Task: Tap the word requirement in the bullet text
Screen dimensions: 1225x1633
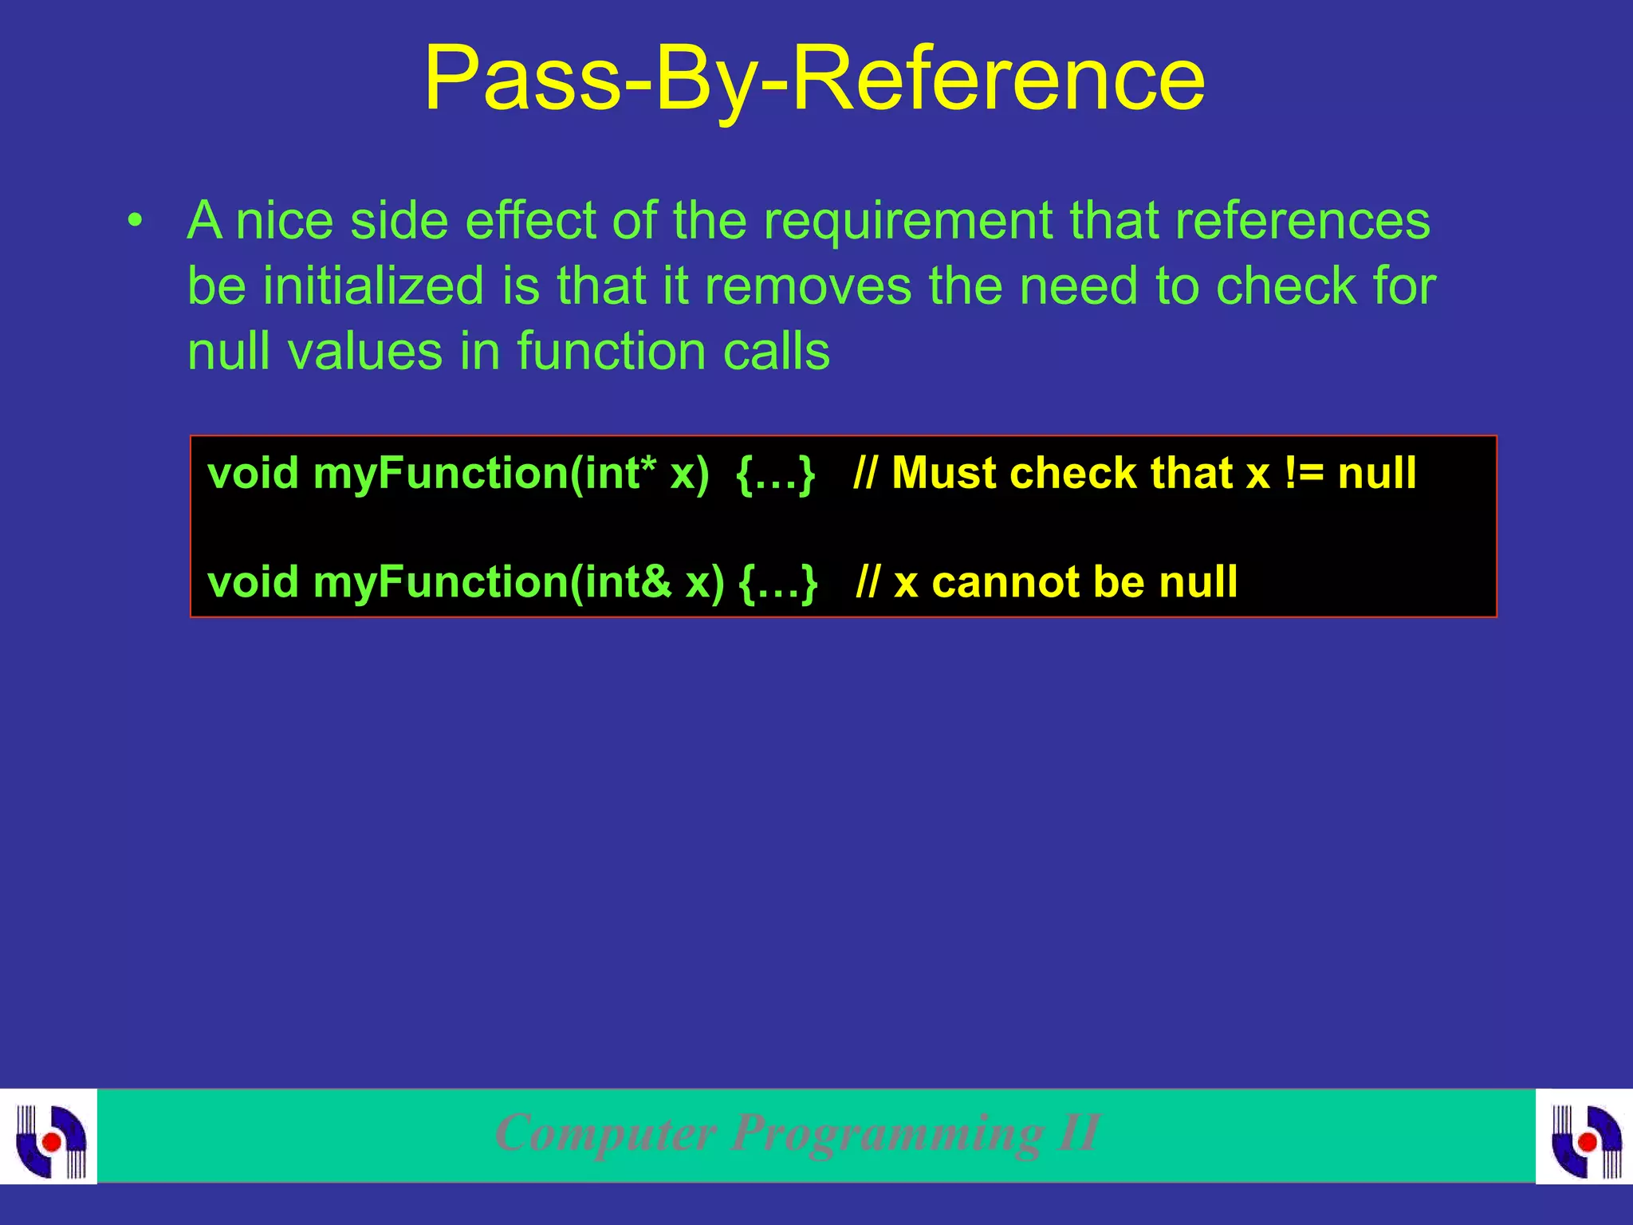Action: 907,221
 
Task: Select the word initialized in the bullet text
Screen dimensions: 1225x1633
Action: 373,286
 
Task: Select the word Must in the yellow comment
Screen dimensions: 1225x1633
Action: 942,474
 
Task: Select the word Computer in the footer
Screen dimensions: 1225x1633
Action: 605,1133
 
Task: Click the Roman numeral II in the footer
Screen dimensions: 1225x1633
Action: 1079,1132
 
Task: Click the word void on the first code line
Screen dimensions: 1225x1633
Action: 252,474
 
